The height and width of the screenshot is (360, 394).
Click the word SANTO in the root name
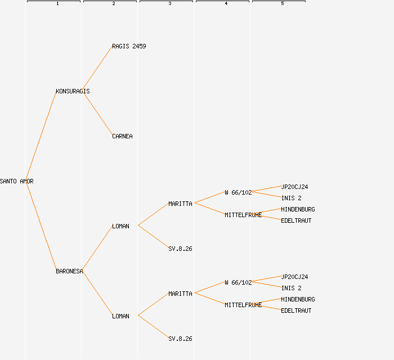[x=8, y=181]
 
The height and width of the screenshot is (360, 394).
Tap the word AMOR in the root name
[x=27, y=181]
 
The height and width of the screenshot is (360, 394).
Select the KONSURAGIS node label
[x=73, y=91]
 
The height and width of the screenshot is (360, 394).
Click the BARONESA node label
[x=69, y=271]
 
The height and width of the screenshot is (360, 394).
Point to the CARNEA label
[x=122, y=136]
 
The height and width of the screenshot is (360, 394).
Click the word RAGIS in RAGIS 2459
[x=120, y=46]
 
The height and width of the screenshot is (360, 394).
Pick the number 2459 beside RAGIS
[x=139, y=46]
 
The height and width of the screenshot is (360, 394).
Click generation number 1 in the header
[x=57, y=4]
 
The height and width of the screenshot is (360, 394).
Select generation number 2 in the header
[x=114, y=4]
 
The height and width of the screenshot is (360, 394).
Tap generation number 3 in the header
[x=170, y=4]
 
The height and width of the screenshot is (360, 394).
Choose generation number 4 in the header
[x=226, y=4]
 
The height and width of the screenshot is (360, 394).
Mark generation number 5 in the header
[x=283, y=4]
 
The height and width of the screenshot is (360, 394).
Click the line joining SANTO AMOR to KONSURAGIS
[x=41, y=136]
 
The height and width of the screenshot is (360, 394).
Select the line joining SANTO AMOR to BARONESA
[x=41, y=226]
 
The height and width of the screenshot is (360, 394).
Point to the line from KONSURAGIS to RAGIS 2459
[x=97, y=69]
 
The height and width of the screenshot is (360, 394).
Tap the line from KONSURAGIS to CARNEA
[x=97, y=114]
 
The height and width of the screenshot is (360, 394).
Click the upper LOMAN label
[x=120, y=226]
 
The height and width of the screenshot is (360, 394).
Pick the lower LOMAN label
[x=120, y=316]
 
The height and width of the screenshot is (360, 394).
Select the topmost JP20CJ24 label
[x=294, y=187]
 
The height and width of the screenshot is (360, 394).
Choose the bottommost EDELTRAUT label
[x=296, y=310]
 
